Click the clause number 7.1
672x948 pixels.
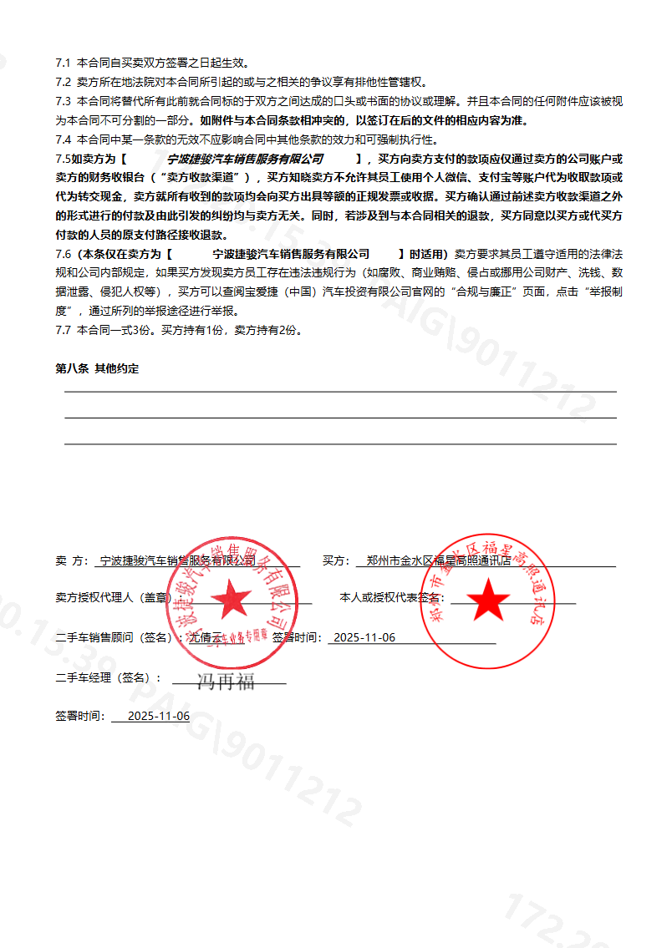(64, 63)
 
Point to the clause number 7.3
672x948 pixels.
(64, 101)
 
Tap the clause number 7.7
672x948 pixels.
(64, 330)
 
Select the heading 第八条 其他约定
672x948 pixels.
(98, 368)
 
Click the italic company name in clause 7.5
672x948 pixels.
(245, 159)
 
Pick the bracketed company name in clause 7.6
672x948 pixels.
(291, 254)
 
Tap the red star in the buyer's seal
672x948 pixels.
(488, 598)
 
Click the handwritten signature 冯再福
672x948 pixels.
(226, 682)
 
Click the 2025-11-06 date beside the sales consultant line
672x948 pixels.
(364, 638)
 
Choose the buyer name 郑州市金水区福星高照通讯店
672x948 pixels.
(438, 561)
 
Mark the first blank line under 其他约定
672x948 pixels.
(340, 391)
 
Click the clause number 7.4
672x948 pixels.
(64, 139)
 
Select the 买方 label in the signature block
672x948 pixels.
(335, 561)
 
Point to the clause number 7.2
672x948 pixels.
(64, 82)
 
